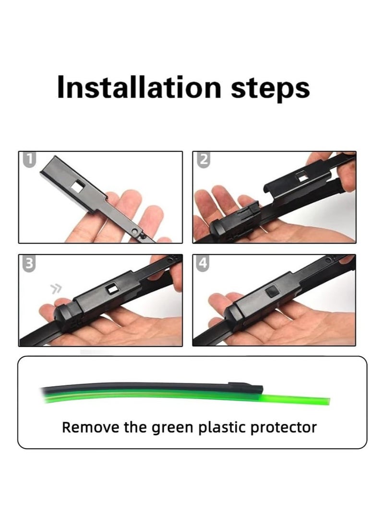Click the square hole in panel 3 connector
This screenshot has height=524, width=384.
[x=114, y=288]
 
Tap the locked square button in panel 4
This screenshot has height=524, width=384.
[x=272, y=290]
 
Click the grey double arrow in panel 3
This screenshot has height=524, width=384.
[x=56, y=288]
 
